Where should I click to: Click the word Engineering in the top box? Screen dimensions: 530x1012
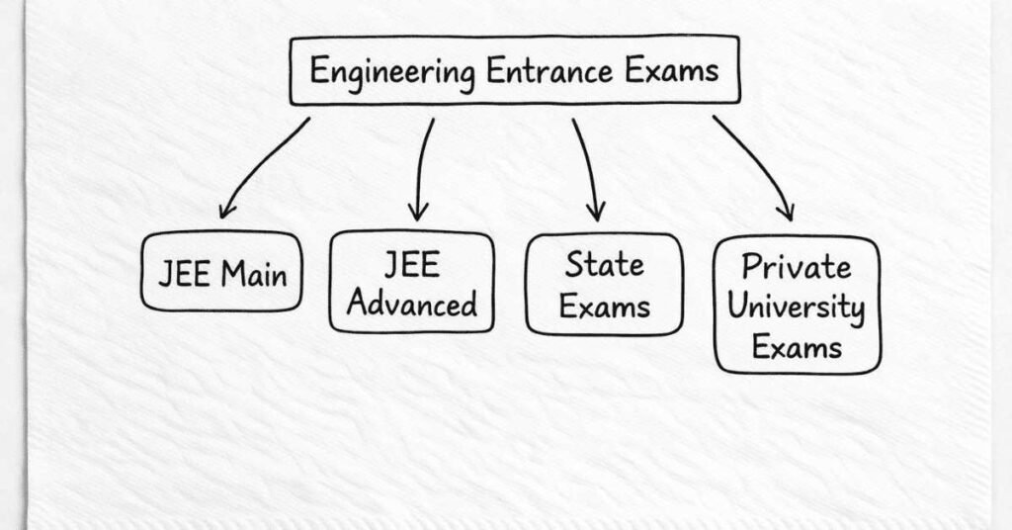pyautogui.click(x=391, y=72)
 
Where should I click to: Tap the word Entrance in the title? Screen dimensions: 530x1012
pyautogui.click(x=541, y=71)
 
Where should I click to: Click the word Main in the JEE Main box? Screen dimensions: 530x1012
pyautogui.click(x=254, y=272)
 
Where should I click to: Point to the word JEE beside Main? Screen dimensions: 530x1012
pyautogui.click(x=184, y=272)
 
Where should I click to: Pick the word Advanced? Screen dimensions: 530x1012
pyautogui.click(x=412, y=304)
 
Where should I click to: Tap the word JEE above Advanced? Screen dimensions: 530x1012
pyautogui.click(x=411, y=265)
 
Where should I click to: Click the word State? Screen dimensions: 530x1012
pyautogui.click(x=604, y=265)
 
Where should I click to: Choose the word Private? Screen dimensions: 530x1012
pyautogui.click(x=797, y=267)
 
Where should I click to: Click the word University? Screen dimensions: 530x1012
pyautogui.click(x=797, y=307)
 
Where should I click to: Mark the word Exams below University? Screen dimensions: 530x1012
pyautogui.click(x=797, y=346)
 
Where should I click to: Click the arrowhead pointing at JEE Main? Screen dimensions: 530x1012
pyautogui.click(x=227, y=209)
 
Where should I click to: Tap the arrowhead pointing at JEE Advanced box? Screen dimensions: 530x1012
pyautogui.click(x=419, y=211)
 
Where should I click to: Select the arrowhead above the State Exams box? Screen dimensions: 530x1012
pyautogui.click(x=595, y=211)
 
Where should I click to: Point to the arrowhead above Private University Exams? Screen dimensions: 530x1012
pyautogui.click(x=786, y=211)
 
